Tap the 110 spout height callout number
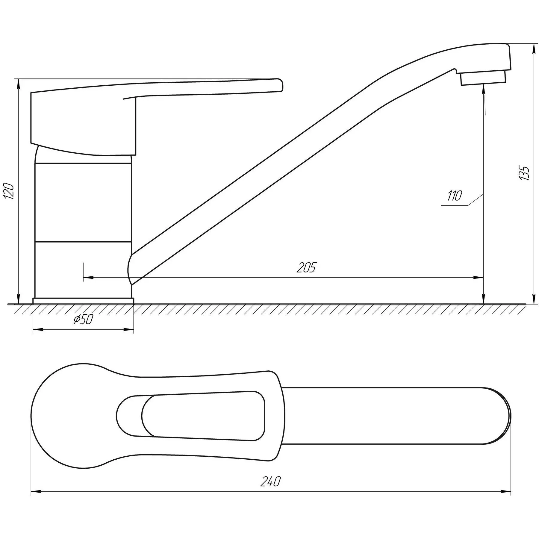(x=455, y=196)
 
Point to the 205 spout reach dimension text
(x=306, y=267)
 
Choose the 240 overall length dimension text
(x=270, y=490)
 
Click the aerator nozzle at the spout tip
(x=483, y=79)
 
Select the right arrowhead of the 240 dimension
(x=506, y=500)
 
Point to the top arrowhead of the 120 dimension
(x=19, y=84)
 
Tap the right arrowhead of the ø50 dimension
(x=129, y=330)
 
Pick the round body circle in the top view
(x=72, y=416)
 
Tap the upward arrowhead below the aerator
(x=484, y=90)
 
